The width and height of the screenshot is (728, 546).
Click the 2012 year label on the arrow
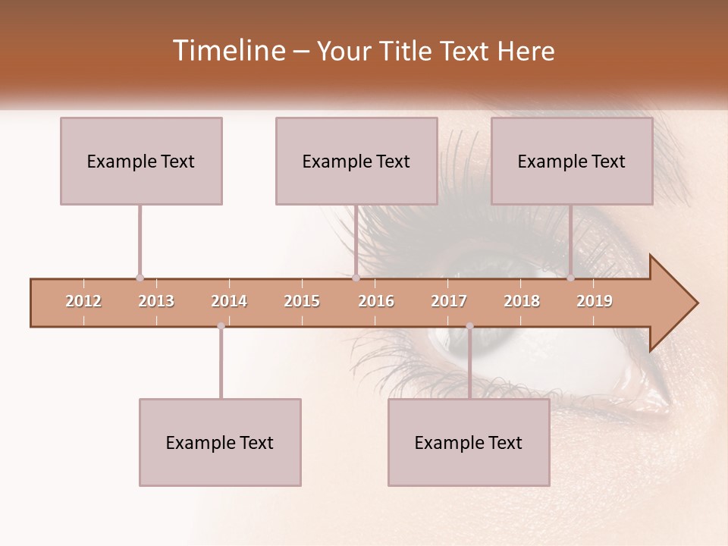pyautogui.click(x=83, y=301)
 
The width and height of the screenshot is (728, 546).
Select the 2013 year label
pyautogui.click(x=156, y=301)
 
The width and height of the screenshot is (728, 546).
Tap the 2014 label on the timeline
pyautogui.click(x=229, y=301)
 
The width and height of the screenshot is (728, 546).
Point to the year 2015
pyautogui.click(x=302, y=301)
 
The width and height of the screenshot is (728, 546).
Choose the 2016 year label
pyautogui.click(x=376, y=301)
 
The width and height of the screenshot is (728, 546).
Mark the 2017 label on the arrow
pyautogui.click(x=449, y=301)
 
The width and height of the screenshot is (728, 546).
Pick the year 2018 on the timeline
pyautogui.click(x=522, y=301)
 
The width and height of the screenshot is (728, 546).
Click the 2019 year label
pyautogui.click(x=595, y=301)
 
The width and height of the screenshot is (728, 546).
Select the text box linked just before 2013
pyautogui.click(x=141, y=161)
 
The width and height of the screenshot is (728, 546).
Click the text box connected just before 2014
pyautogui.click(x=220, y=442)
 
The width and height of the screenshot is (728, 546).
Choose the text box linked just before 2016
pyautogui.click(x=356, y=161)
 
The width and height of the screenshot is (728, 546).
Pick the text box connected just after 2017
pyautogui.click(x=469, y=442)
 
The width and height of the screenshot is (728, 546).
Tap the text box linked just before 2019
pyautogui.click(x=572, y=161)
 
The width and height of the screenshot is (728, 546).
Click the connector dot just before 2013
pyautogui.click(x=140, y=278)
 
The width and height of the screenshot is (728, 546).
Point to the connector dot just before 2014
pyautogui.click(x=221, y=326)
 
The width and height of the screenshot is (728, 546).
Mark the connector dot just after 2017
pyautogui.click(x=469, y=326)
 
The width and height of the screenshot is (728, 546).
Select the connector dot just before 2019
pyautogui.click(x=570, y=278)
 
